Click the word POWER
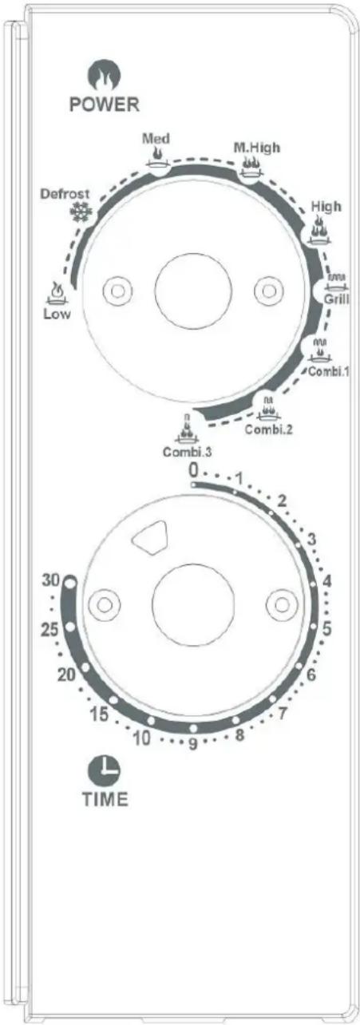click(105, 105)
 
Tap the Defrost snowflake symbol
click(81, 212)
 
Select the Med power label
click(156, 138)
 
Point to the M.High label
click(256, 148)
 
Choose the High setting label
click(326, 207)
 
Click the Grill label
click(337, 299)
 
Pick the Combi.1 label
click(329, 371)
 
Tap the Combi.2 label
click(268, 429)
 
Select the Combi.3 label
click(187, 452)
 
